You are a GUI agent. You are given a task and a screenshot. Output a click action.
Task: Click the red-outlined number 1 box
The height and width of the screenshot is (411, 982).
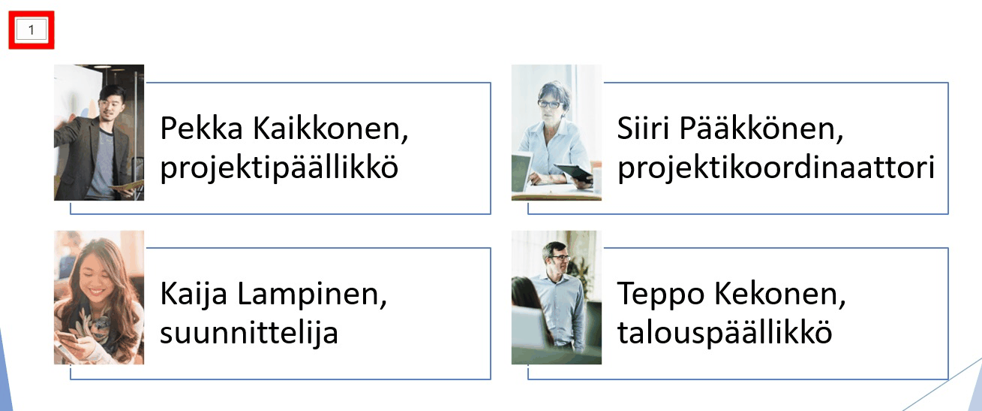31,30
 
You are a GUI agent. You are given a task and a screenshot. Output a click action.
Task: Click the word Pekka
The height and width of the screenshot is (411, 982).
201,128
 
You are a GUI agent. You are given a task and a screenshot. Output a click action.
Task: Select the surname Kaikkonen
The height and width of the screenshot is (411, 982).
331,128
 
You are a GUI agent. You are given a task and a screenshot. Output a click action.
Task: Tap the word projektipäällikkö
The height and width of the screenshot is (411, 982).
279,168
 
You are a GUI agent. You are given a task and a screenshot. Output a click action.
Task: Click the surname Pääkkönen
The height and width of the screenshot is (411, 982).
761,128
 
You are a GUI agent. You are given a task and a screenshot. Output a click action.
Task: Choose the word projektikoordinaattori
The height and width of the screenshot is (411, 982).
776,168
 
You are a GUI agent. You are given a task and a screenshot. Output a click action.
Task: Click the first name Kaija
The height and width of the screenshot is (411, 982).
194,294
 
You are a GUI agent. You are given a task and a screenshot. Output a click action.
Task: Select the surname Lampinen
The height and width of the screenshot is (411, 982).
312,295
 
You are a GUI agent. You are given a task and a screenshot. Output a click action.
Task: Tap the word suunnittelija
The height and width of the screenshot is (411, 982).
249,332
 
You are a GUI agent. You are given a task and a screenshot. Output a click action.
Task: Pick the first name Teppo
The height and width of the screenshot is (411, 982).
661,295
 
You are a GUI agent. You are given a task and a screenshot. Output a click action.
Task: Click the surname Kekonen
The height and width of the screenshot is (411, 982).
780,294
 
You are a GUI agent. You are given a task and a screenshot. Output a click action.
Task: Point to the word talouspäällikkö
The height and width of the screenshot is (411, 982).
725,332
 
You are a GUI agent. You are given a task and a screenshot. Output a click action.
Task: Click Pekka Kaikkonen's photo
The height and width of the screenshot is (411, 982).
99,132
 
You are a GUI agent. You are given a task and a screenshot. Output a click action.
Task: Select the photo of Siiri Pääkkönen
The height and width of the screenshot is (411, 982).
557,132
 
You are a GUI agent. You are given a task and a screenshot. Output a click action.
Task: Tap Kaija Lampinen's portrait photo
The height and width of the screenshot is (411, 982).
99,298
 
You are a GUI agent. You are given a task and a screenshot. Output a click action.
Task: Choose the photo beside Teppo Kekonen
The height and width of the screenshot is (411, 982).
557,298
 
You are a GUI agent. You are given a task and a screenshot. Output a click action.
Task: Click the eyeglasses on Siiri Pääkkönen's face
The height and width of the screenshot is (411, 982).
549,104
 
